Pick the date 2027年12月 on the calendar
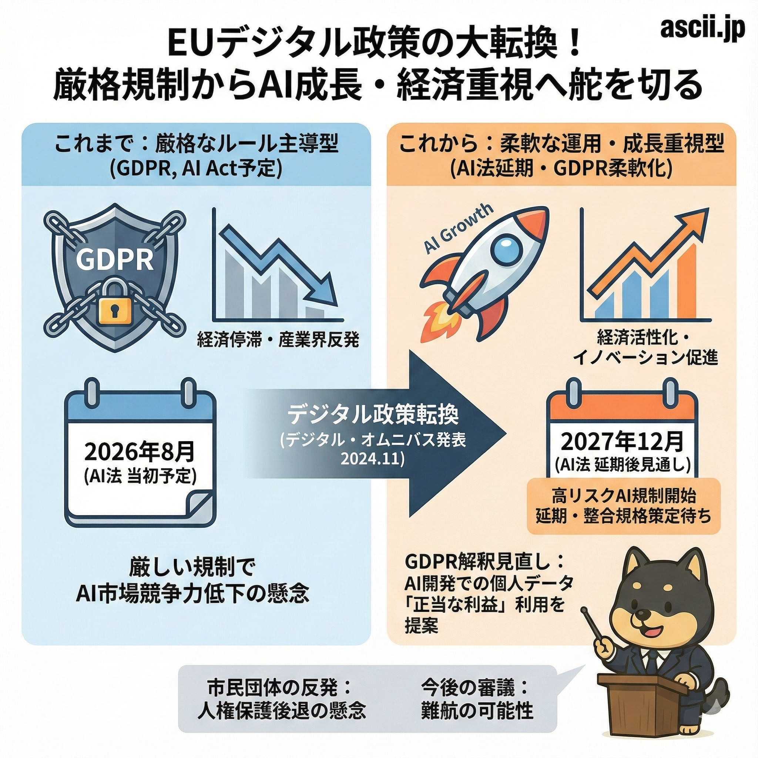(x=622, y=442)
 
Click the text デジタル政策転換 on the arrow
(x=373, y=416)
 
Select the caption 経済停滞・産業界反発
(x=278, y=340)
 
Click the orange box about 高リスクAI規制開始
(x=623, y=506)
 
